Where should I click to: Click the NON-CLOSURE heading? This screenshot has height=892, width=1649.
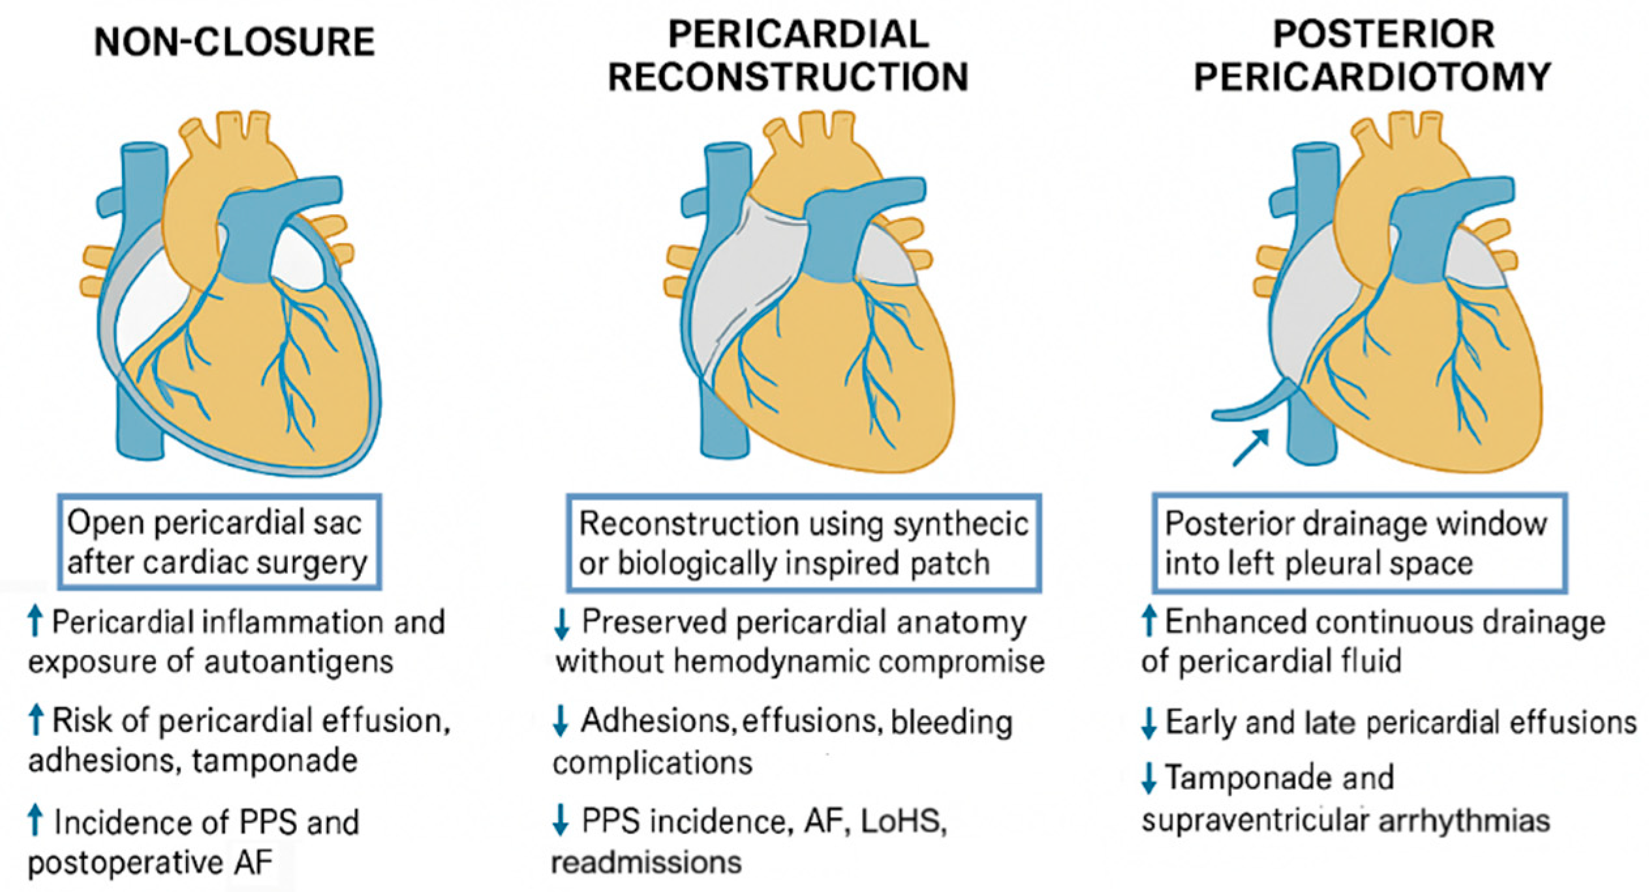click(234, 42)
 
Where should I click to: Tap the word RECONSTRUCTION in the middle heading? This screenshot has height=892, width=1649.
click(788, 77)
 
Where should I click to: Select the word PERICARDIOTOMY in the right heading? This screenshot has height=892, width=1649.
click(1372, 77)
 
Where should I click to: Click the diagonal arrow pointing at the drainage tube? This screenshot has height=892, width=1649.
click(1251, 447)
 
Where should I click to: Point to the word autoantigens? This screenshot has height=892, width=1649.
click(299, 662)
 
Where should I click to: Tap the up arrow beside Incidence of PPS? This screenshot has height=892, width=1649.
click(36, 821)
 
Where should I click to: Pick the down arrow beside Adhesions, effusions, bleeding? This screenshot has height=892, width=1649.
click(561, 722)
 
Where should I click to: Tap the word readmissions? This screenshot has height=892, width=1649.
click(647, 863)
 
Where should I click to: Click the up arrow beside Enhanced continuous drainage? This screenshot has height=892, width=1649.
click(1150, 621)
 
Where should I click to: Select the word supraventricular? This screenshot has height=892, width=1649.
click(1254, 821)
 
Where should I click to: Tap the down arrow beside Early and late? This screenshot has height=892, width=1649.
click(1149, 724)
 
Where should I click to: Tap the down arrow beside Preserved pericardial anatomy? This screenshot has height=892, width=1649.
click(561, 624)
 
